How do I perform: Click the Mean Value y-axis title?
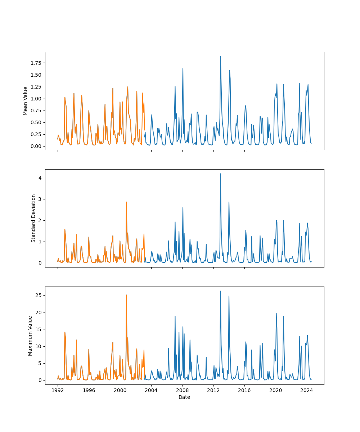point(26,101)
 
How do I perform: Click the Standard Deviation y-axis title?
point(33,218)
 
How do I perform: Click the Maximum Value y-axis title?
point(30,336)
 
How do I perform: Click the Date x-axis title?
point(184,397)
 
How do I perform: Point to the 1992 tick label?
point(58,390)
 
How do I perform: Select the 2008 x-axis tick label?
point(182,390)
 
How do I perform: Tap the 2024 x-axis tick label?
point(307,390)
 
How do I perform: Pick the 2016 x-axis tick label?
point(244,390)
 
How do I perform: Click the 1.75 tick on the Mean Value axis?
point(36,63)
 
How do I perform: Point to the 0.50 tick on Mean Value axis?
point(36,122)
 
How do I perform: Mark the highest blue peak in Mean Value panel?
point(220,57)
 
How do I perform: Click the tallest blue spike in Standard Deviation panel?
point(220,174)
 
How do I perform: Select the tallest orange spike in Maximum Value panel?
point(126,295)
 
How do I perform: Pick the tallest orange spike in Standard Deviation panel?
point(126,202)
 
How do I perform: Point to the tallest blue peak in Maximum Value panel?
point(220,291)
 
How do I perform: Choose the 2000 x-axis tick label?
point(120,390)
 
